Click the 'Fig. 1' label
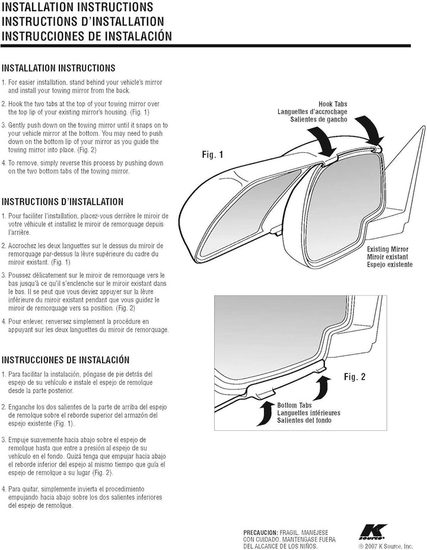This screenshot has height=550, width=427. coord(213,154)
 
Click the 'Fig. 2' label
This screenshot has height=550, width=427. coord(355,377)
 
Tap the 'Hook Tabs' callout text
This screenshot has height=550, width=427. coord(333,104)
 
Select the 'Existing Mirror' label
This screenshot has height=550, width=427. coord(388,249)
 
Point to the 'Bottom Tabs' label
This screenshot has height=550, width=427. coord(294,405)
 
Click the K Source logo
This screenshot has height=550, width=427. coord(373,532)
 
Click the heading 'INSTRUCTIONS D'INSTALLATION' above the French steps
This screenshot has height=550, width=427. coord(62,202)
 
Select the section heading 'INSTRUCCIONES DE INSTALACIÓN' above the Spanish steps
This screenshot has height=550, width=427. coord(66,360)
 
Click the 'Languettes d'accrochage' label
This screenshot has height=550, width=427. coord(313,111)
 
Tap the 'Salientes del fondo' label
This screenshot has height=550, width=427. coord(304,420)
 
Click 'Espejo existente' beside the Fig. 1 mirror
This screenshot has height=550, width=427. coord(390,264)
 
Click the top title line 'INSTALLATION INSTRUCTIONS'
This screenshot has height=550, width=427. coord(77,7)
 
